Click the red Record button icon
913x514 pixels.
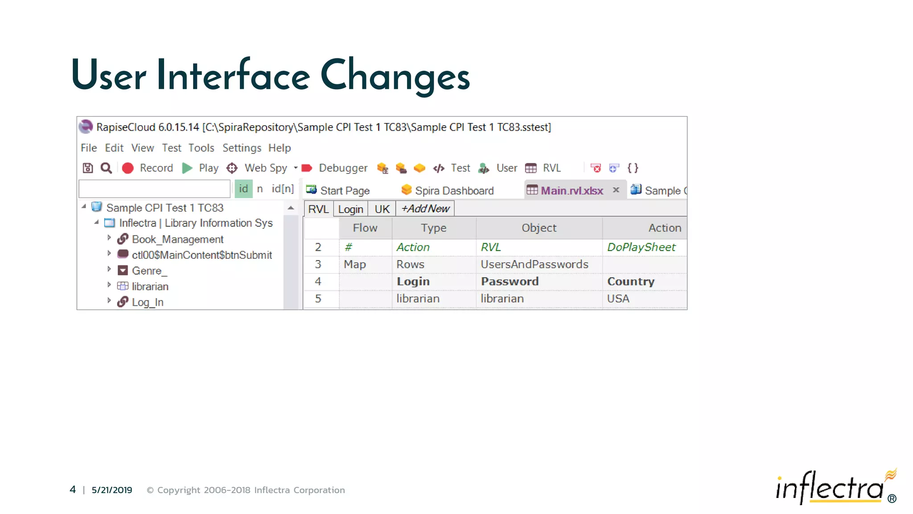(x=128, y=168)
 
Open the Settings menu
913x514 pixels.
(x=242, y=148)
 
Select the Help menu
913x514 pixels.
(x=279, y=148)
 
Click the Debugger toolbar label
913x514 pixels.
(x=343, y=168)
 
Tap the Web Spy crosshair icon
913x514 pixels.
(x=232, y=168)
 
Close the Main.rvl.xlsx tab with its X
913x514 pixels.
(x=616, y=190)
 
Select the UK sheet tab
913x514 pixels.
(x=382, y=209)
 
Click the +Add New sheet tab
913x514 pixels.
(x=425, y=209)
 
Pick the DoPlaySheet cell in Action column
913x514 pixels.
(x=641, y=247)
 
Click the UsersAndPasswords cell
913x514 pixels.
(x=534, y=264)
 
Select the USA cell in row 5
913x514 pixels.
(x=618, y=298)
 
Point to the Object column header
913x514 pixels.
(x=539, y=228)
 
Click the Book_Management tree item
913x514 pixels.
(x=177, y=240)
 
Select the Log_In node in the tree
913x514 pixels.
(x=147, y=302)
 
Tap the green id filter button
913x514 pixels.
(x=243, y=189)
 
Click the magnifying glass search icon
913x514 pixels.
(x=106, y=168)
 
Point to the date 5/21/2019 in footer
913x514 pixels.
(x=112, y=490)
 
